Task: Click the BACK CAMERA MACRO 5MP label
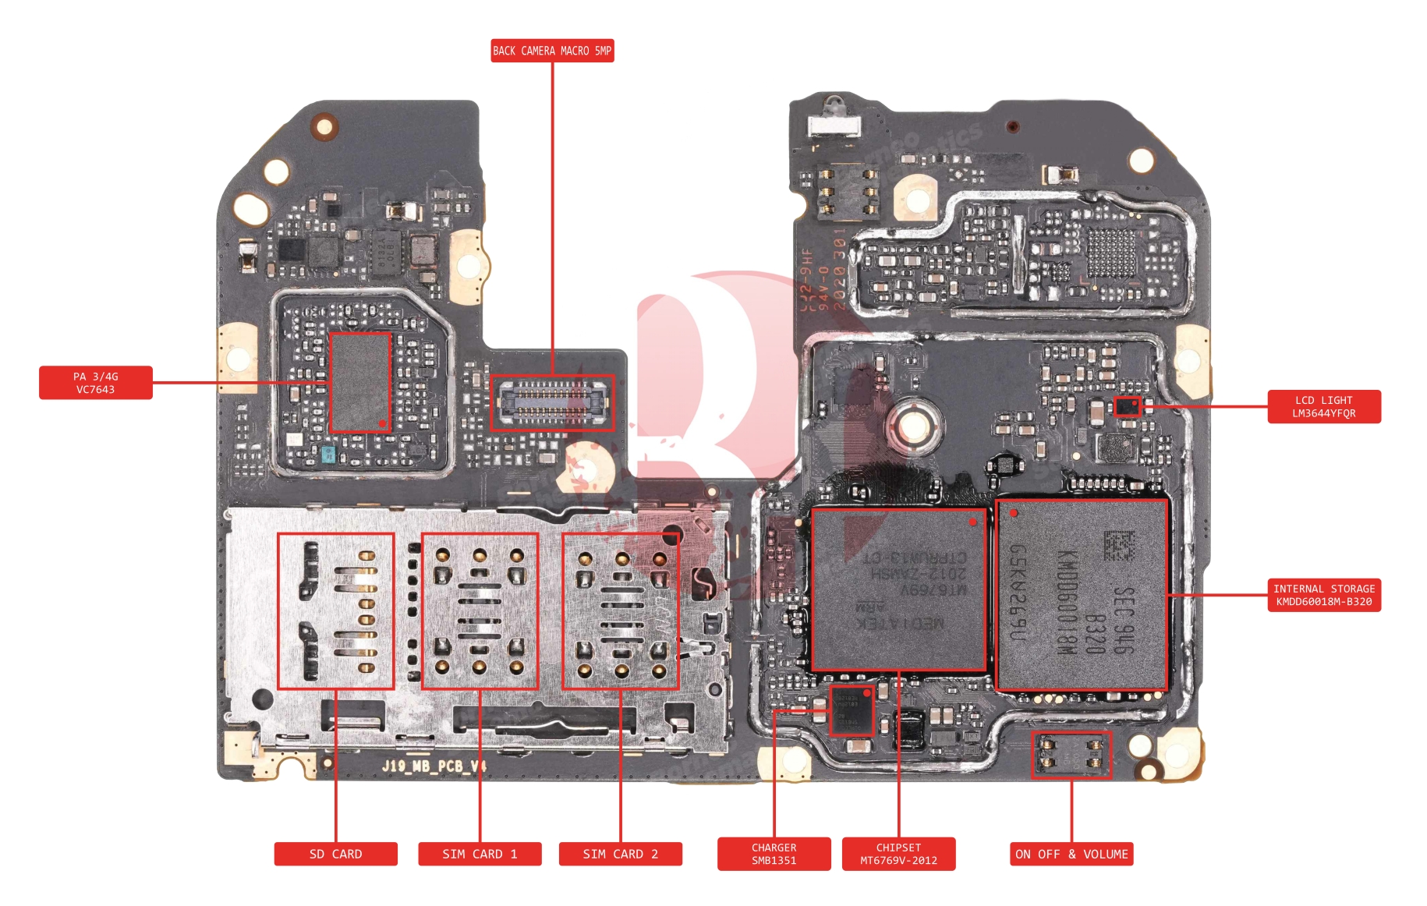[x=552, y=51]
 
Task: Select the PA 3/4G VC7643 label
[x=95, y=383]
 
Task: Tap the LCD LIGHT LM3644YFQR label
[x=1323, y=407]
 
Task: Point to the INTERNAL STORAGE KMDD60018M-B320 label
[x=1323, y=595]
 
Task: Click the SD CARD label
[x=335, y=854]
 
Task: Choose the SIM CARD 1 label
[x=480, y=854]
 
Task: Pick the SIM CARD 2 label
[x=620, y=854]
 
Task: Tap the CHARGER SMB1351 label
[x=774, y=854]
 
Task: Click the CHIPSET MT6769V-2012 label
[x=898, y=854]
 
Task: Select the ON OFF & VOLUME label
[x=1071, y=854]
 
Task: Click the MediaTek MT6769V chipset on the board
[x=898, y=589]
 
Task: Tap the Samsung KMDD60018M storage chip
[x=1082, y=595]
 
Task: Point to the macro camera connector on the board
[x=552, y=402]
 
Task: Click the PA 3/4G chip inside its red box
[x=359, y=382]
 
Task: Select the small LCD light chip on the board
[x=1127, y=406]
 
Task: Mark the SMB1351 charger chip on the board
[x=852, y=711]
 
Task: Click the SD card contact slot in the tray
[x=335, y=611]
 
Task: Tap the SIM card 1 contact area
[x=480, y=611]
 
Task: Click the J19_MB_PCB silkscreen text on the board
[x=434, y=766]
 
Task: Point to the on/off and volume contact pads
[x=1071, y=755]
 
